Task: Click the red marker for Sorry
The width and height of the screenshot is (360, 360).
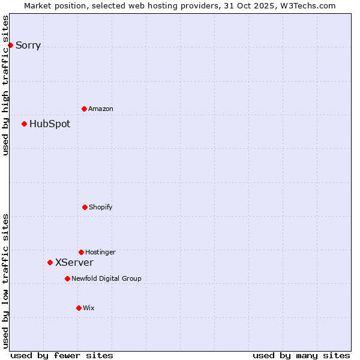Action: [10, 45]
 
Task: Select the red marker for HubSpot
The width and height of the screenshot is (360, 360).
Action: [24, 124]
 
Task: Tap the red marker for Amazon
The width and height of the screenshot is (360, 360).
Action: [84, 109]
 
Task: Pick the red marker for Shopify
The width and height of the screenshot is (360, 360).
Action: [85, 207]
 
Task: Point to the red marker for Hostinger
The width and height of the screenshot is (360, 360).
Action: [81, 252]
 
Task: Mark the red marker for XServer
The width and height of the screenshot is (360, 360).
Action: [50, 262]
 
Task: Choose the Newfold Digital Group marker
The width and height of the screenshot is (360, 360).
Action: [67, 278]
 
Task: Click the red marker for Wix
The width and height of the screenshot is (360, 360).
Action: [79, 308]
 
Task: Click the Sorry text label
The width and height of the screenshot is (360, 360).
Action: [28, 46]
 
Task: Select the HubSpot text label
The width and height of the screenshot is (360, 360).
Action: [50, 124]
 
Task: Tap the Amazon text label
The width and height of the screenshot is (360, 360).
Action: [101, 109]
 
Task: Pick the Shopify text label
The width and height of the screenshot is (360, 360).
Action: [101, 208]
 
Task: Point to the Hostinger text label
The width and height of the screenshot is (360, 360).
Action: [100, 253]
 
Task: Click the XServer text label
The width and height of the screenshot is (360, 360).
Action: [74, 263]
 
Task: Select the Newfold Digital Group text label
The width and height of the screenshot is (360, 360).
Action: [106, 279]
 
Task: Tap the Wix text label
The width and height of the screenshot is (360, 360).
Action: [89, 308]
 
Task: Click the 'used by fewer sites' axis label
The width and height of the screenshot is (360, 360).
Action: [62, 355]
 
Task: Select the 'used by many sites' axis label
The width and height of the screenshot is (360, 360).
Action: [301, 355]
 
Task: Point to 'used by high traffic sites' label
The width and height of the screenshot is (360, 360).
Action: [5, 85]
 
